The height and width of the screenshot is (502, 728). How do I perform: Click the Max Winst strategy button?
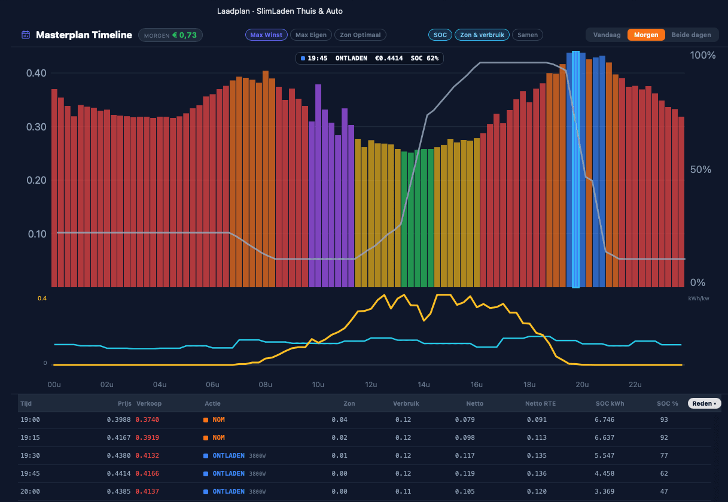pyautogui.click(x=266, y=35)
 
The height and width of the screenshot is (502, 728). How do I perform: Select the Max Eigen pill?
pyautogui.click(x=310, y=35)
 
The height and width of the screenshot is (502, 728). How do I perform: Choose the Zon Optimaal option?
pyautogui.click(x=360, y=35)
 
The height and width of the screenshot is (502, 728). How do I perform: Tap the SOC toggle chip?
pyautogui.click(x=440, y=35)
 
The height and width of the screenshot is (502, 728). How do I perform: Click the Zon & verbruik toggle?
pyautogui.click(x=482, y=35)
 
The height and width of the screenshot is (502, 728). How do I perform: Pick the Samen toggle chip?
pyautogui.click(x=528, y=35)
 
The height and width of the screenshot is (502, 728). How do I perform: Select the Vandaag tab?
pyautogui.click(x=607, y=35)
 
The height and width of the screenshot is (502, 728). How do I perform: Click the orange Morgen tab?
pyautogui.click(x=646, y=35)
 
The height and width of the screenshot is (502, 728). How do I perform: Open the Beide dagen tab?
pyautogui.click(x=692, y=35)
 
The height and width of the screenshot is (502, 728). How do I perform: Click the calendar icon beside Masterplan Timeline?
pyautogui.click(x=26, y=35)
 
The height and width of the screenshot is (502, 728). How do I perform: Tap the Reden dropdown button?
pyautogui.click(x=704, y=403)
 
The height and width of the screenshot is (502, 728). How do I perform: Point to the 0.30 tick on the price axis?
pyautogui.click(x=36, y=127)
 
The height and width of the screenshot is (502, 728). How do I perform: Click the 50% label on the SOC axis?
pyautogui.click(x=700, y=169)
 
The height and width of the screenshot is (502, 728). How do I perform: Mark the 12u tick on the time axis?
pyautogui.click(x=371, y=385)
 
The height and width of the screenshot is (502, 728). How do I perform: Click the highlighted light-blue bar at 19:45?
pyautogui.click(x=575, y=169)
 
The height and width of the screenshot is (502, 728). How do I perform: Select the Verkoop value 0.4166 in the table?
pyautogui.click(x=147, y=473)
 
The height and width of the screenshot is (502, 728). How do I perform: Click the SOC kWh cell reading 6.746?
pyautogui.click(x=605, y=419)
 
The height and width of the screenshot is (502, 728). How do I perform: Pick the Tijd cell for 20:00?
pyautogui.click(x=30, y=491)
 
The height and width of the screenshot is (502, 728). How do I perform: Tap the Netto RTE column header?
pyautogui.click(x=540, y=403)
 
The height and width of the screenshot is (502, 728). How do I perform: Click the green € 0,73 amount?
pyautogui.click(x=185, y=35)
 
